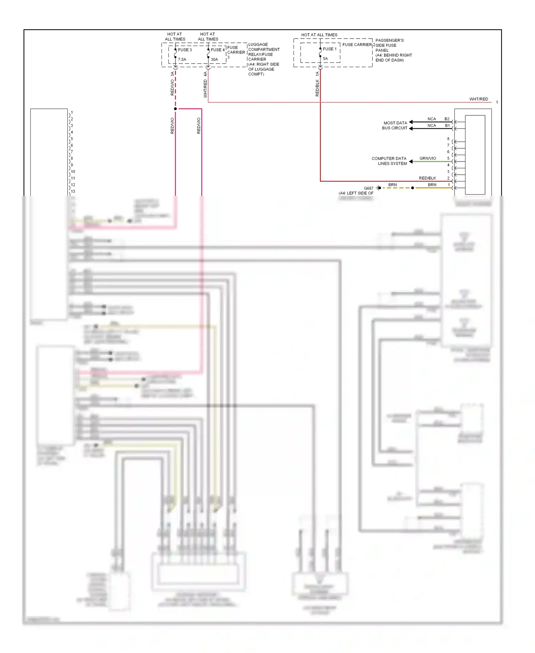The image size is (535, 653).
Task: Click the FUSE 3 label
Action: pos(185,50)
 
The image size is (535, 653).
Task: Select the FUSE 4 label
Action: pos(218,50)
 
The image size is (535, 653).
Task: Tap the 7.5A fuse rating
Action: pos(182,60)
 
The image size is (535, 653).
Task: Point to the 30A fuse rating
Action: pos(214,60)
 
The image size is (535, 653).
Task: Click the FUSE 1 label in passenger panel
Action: pos(330,49)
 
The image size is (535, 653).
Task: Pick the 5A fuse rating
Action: pos(325,59)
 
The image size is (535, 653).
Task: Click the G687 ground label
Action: pos(368,188)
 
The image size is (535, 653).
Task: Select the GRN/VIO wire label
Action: pos(428,158)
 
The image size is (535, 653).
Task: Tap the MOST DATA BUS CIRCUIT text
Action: pos(395,125)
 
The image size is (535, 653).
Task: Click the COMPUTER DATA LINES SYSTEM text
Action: pos(389,161)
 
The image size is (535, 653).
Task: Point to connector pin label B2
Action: pos(447,119)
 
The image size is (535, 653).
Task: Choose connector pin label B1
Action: pos(447,125)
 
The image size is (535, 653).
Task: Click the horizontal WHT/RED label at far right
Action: pos(478,99)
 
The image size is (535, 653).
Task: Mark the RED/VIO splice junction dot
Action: pos(175,109)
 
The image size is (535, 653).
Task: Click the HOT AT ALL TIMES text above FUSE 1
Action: pos(319,35)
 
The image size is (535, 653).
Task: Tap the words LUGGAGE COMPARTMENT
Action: pos(264,47)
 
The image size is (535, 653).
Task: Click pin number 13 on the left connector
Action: pos(73,191)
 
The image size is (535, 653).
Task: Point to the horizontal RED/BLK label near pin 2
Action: pos(427,178)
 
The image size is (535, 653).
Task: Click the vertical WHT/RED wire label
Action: pos(205,89)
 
